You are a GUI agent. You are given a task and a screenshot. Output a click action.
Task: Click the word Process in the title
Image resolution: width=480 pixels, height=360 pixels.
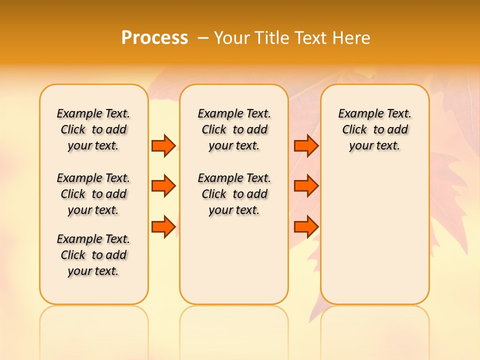[x=154, y=38]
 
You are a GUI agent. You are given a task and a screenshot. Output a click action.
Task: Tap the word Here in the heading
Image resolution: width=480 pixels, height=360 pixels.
[x=350, y=38]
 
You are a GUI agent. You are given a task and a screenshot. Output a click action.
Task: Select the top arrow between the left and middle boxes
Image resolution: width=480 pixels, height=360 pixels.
[x=163, y=146]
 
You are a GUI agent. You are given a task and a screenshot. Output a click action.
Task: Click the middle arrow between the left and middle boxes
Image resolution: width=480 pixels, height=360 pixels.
[x=163, y=186]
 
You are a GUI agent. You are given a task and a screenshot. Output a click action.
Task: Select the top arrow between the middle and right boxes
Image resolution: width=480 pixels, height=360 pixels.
[x=306, y=146]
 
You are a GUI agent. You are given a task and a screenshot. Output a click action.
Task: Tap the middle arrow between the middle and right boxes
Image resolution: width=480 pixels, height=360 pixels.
[x=306, y=186]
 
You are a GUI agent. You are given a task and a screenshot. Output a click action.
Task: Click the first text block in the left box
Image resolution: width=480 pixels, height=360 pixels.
[x=93, y=129]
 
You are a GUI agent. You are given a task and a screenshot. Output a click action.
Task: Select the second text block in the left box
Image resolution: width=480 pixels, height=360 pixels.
[x=93, y=194]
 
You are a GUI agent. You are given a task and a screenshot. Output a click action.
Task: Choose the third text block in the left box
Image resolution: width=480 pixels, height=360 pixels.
[x=93, y=255]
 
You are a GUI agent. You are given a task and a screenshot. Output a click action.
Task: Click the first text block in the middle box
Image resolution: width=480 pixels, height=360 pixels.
[x=234, y=129]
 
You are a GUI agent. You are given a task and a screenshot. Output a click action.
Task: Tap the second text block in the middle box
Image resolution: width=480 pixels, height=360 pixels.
[x=234, y=194]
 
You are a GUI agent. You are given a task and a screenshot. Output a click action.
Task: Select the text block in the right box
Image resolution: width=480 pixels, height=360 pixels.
[x=374, y=129]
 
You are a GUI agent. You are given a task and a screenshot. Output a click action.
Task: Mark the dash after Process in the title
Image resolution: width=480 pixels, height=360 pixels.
[x=203, y=38]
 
